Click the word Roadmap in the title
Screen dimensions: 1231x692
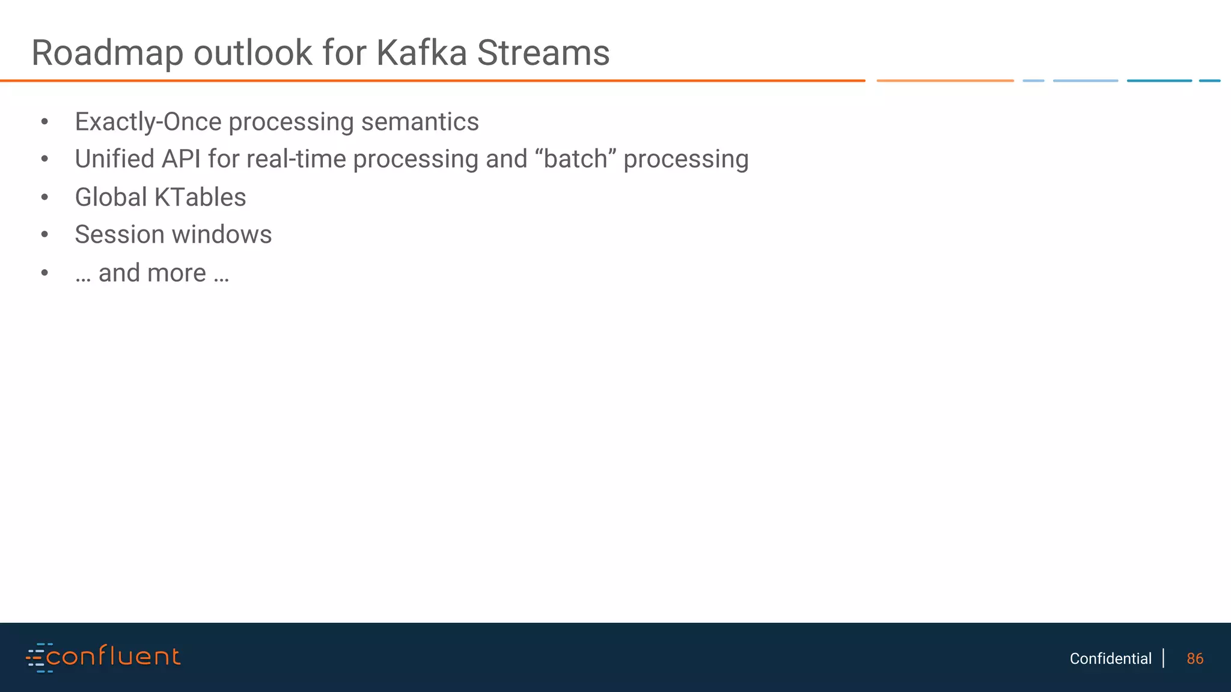pyautogui.click(x=107, y=53)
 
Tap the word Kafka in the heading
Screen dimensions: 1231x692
pyautogui.click(x=421, y=53)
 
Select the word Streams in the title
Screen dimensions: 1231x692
pyautogui.click(x=543, y=53)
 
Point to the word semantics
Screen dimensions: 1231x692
pyautogui.click(x=420, y=122)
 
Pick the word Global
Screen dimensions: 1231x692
pyautogui.click(x=111, y=198)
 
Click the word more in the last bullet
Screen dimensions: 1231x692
pyautogui.click(x=177, y=273)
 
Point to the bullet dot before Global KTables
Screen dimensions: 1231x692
pyautogui.click(x=44, y=198)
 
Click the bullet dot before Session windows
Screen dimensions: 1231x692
pyautogui.click(x=44, y=235)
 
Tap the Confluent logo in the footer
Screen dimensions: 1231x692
pyautogui.click(x=103, y=657)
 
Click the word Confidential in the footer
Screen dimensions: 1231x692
pyautogui.click(x=1110, y=659)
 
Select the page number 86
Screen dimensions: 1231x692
pyautogui.click(x=1195, y=659)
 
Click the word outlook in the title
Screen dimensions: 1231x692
pyautogui.click(x=252, y=53)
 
